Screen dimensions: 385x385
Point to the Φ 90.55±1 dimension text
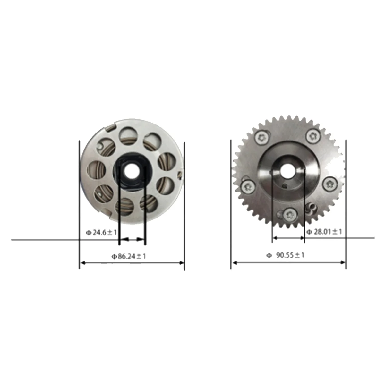(285, 255)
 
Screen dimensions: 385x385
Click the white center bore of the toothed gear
(287, 170)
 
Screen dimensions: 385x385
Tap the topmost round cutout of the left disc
(128, 135)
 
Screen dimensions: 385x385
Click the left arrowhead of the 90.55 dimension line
(233, 263)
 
